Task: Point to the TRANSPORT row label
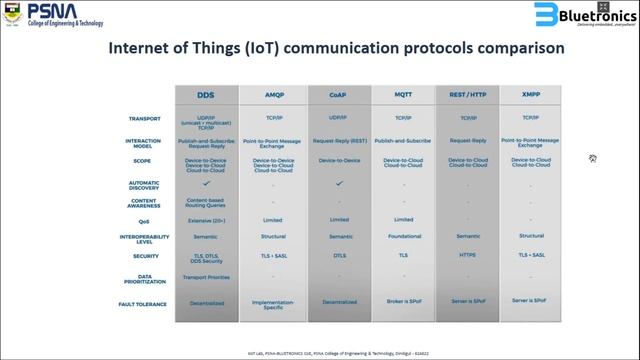[x=145, y=119]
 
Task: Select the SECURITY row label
[x=146, y=255]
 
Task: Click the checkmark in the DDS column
[x=207, y=183]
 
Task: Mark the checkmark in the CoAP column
[x=338, y=183]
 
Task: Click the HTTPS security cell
[x=468, y=255]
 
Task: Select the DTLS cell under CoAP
[x=338, y=255]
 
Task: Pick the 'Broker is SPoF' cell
[x=404, y=302]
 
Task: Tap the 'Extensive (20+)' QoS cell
[x=207, y=219]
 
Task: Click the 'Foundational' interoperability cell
[x=404, y=237]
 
